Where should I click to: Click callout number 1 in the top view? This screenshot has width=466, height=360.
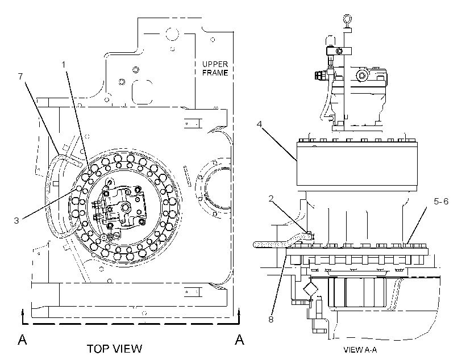coord(63,64)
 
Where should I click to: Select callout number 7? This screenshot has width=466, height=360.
coord(20,76)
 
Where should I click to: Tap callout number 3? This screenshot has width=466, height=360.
coord(16,220)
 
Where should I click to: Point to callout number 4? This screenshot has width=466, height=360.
coord(260,124)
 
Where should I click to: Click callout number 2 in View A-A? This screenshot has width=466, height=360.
coord(271,198)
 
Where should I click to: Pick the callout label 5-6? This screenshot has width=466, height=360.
coord(441,202)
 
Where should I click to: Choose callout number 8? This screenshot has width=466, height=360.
coord(271,320)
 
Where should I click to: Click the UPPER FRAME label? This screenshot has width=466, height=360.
coord(215,68)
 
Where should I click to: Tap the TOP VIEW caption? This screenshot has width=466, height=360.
coord(114,349)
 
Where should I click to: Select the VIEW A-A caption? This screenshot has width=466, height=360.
coord(360,350)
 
